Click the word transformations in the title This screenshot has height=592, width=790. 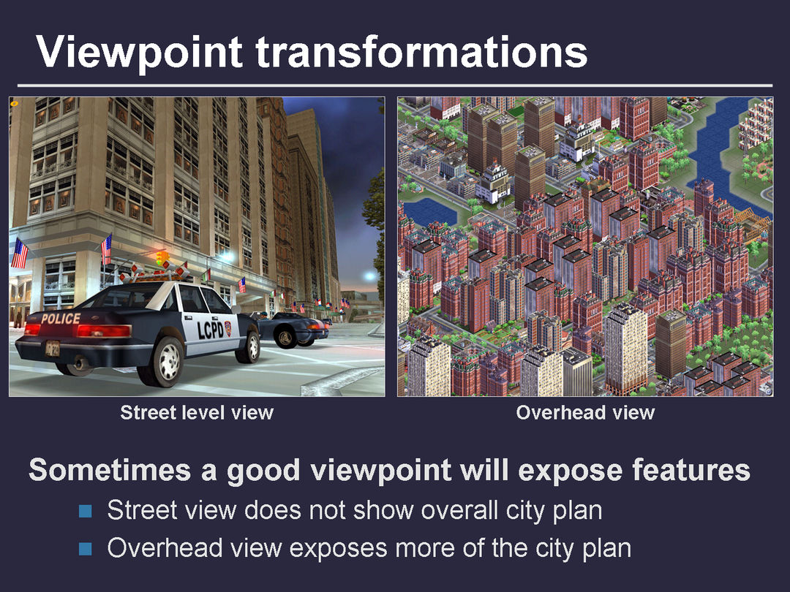coord(422,51)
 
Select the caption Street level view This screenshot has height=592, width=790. coord(197,413)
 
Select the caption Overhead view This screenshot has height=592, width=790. coord(585,413)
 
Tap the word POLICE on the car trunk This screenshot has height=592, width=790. coord(61,319)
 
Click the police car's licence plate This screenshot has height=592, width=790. coord(53,349)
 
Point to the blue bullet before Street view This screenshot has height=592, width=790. coord(86,512)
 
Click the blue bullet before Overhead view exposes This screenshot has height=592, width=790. coord(86,549)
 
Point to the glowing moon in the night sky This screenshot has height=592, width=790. coord(370,276)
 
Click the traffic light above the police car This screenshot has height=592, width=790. coord(162,257)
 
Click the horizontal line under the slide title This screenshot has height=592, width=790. coord(395,86)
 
